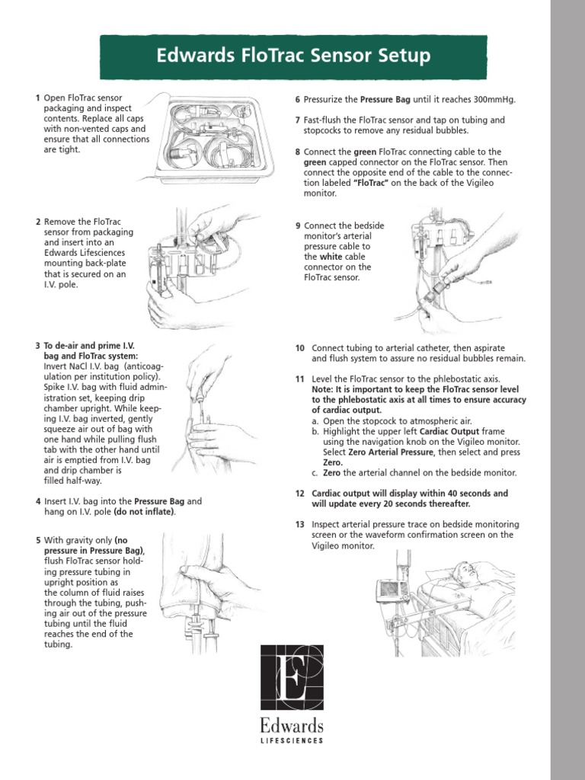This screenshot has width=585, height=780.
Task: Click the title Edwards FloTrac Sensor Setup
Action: click(292, 56)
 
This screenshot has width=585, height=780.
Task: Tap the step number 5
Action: click(37, 540)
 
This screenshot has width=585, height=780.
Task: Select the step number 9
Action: click(298, 226)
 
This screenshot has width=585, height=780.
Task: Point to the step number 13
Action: click(299, 524)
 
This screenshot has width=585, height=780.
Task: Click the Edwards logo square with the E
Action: click(292, 678)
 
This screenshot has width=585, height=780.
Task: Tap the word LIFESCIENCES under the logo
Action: click(292, 740)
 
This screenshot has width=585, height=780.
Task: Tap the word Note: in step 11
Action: click(324, 389)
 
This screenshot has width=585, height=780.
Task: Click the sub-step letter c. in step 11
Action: click(315, 472)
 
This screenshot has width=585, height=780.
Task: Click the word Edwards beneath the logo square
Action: click(292, 724)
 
